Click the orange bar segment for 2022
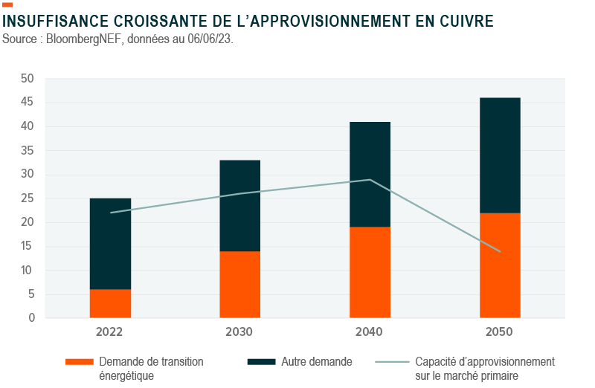(110, 303)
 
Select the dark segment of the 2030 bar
(239, 205)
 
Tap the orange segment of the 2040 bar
(370, 272)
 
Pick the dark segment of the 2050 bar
(499, 155)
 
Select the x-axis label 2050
(498, 332)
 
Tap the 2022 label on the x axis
(109, 332)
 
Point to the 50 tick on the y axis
(28, 79)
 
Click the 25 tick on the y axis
(28, 198)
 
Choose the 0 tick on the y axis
(30, 318)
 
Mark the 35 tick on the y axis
(28, 151)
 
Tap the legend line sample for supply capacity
(391, 362)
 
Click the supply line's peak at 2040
(370, 179)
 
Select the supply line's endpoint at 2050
(499, 251)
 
